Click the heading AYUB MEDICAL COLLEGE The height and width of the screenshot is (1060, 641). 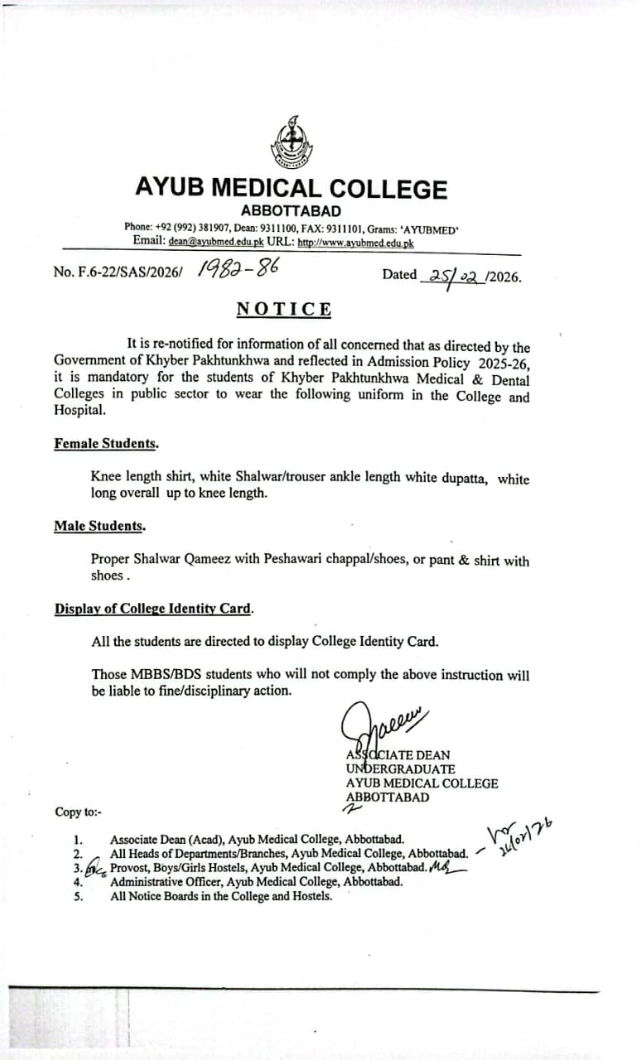coord(291,189)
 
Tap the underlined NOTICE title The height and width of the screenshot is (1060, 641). coord(284,310)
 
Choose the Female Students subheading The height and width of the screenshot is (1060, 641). coord(106,443)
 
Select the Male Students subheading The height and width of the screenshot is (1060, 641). coord(99,525)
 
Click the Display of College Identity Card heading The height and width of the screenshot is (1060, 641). coord(153,608)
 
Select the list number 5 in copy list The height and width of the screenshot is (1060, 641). coord(78,895)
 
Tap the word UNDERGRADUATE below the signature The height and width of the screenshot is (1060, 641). coord(401,769)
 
